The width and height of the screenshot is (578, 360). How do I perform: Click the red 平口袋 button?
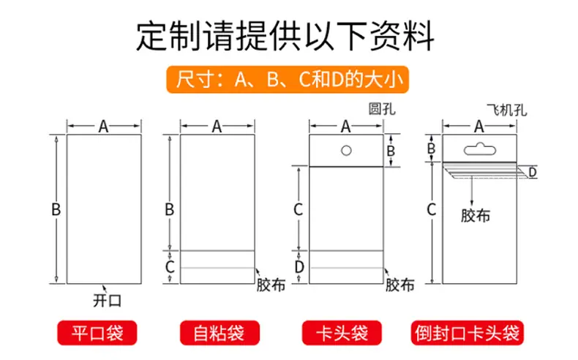[97, 333]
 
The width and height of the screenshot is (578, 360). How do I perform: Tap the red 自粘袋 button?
[219, 333]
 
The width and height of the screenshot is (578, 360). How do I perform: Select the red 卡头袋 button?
[342, 333]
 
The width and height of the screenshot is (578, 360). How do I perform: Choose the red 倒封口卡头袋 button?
[467, 333]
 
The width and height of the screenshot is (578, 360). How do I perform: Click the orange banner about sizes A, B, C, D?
[288, 79]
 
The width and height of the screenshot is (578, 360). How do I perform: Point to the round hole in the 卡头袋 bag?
[346, 150]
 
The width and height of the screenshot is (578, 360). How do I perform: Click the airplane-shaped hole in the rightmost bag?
[479, 149]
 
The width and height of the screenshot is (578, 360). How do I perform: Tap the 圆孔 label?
[382, 109]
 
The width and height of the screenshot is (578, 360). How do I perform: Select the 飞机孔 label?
[507, 110]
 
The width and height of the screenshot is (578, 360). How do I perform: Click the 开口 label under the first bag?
[107, 301]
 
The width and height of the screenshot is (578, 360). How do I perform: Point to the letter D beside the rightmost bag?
[533, 172]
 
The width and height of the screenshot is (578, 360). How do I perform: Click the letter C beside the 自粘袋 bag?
[170, 267]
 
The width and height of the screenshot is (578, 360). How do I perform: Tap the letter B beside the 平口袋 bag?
[56, 210]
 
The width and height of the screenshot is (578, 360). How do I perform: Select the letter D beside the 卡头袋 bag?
[299, 267]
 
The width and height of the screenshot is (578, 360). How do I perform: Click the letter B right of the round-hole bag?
[391, 151]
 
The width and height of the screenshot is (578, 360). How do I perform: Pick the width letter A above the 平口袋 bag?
[104, 127]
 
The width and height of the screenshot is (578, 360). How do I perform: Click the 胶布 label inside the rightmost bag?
[476, 216]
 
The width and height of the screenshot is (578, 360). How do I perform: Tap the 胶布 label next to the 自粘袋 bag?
[271, 285]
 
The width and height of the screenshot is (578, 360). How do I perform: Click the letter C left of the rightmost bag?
[431, 210]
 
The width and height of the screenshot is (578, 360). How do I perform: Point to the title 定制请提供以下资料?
[285, 36]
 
